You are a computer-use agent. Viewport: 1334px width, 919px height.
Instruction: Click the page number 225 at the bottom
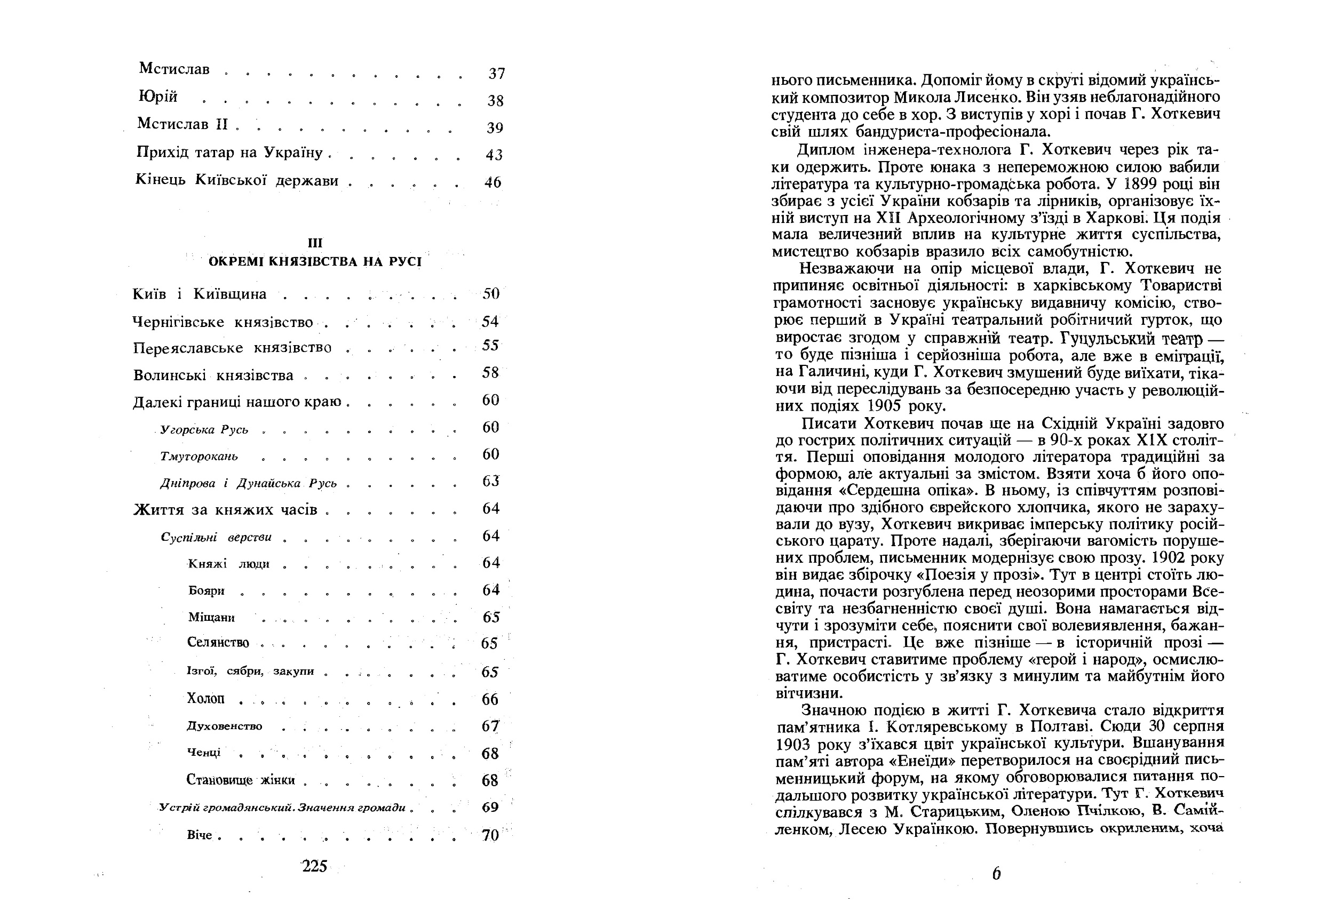click(x=314, y=866)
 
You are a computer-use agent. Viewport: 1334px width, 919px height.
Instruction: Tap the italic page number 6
click(x=996, y=874)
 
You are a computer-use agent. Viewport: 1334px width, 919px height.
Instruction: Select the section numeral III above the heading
click(x=315, y=243)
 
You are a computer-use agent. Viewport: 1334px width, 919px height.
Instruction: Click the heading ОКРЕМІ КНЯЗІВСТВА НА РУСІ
click(x=315, y=262)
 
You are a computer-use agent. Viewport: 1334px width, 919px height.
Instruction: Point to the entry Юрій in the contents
click(x=158, y=97)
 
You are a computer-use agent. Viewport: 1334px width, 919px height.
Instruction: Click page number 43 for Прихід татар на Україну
click(x=494, y=155)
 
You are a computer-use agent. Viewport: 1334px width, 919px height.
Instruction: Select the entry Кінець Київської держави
click(x=237, y=181)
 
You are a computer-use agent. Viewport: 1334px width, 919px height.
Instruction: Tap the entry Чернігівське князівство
click(x=223, y=322)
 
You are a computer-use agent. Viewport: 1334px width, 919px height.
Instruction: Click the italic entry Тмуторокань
click(x=198, y=457)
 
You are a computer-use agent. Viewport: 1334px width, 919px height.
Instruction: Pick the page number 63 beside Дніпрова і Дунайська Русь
click(x=491, y=481)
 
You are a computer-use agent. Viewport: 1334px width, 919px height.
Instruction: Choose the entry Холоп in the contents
click(x=205, y=699)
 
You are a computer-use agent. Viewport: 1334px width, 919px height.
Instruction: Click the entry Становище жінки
click(x=240, y=780)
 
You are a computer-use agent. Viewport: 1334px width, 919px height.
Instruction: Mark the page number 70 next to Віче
click(x=490, y=835)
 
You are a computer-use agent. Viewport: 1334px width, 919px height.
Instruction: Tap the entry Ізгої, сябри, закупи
click(x=251, y=672)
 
